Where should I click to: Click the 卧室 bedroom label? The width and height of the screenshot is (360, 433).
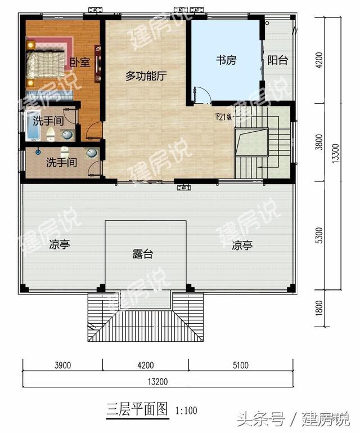click(80, 63)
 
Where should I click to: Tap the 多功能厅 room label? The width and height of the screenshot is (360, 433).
click(146, 77)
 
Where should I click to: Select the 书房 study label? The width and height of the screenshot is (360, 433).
click(226, 60)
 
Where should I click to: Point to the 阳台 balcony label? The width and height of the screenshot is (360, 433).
click(277, 60)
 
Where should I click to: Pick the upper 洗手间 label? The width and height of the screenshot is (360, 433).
click(47, 120)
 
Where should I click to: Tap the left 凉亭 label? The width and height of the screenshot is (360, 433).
click(59, 245)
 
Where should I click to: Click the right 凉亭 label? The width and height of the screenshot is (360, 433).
click(242, 245)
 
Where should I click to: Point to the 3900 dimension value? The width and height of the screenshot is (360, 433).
click(62, 365)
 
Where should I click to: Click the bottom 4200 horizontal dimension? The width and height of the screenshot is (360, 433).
click(145, 365)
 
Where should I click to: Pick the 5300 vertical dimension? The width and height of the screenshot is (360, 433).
click(319, 236)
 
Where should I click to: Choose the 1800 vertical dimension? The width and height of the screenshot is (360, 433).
click(319, 309)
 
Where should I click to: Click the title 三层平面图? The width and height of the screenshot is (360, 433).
click(137, 409)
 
